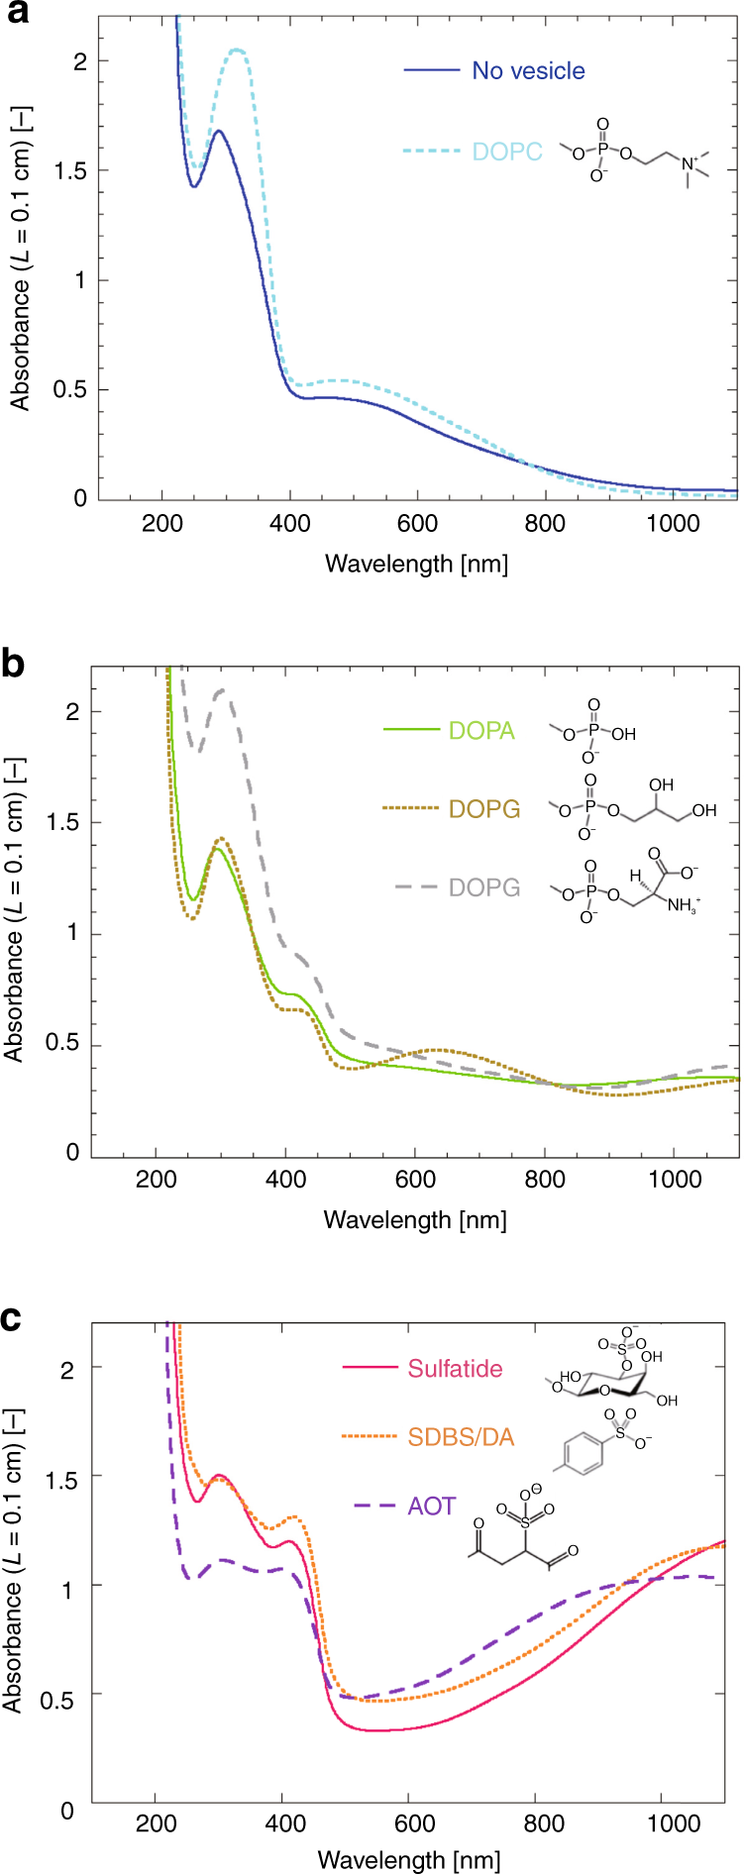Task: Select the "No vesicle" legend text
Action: click(x=528, y=71)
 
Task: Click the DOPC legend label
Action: click(x=507, y=152)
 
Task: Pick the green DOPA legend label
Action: click(x=481, y=731)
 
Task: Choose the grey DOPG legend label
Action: click(x=484, y=887)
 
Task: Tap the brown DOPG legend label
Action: click(x=484, y=809)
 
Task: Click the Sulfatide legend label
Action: click(x=455, y=1369)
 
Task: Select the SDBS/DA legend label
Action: click(x=461, y=1437)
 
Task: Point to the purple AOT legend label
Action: click(x=431, y=1507)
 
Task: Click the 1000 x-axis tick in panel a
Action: click(x=673, y=523)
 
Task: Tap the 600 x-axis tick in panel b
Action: click(x=415, y=1179)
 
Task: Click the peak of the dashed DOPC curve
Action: click(x=237, y=50)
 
